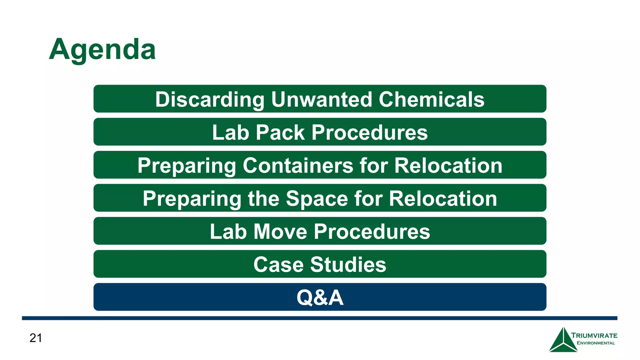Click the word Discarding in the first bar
pos(210,99)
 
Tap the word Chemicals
pos(431,99)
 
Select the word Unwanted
pos(321,99)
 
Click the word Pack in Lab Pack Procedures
pos(280,132)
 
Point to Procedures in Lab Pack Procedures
pos(369,132)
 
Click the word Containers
pos(298,165)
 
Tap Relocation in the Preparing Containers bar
pos(448,165)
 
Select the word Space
pos(317,198)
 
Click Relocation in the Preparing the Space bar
pos(443,198)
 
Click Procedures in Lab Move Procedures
pos(372,232)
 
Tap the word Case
pos(278,265)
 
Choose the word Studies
pos(348,265)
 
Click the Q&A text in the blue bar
pos(320,297)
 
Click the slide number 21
pos(36,338)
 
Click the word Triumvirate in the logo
pos(594,336)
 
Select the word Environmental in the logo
pos(595,343)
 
